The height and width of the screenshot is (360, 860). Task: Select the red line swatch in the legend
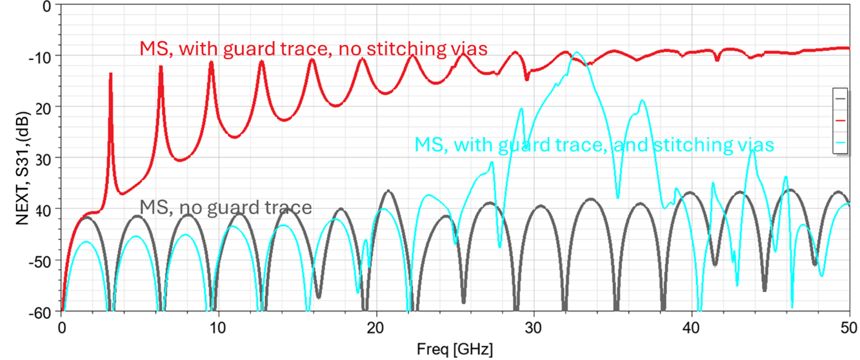click(x=840, y=120)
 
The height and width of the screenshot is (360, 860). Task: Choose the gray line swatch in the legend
click(x=840, y=98)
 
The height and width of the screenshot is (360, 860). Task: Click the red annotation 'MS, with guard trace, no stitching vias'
click(x=314, y=48)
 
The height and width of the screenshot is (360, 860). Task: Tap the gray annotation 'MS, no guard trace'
click(x=226, y=207)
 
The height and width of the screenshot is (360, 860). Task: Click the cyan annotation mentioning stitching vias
click(x=594, y=144)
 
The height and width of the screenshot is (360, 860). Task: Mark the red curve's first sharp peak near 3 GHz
click(x=111, y=74)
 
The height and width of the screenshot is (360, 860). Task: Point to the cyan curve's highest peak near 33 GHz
click(x=577, y=53)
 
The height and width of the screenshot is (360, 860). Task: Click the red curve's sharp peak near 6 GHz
click(x=161, y=66)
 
